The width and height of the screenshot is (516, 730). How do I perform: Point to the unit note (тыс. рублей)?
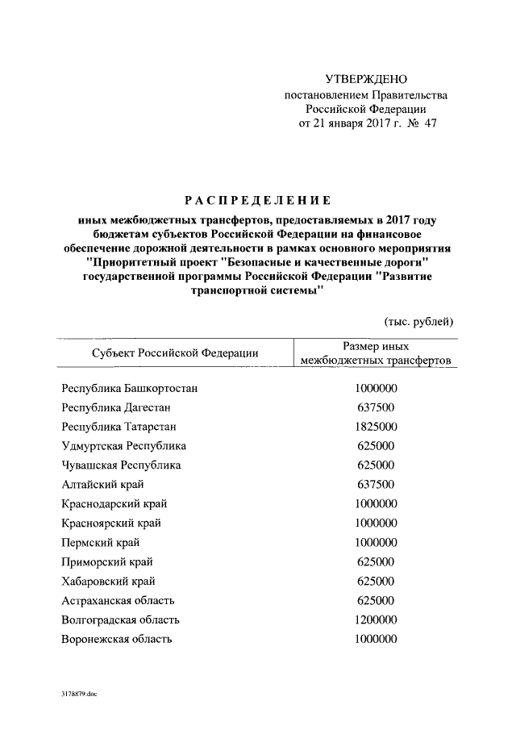(418, 321)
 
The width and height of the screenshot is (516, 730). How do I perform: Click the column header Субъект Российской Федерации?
(174, 352)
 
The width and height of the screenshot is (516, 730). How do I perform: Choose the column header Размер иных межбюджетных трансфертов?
(375, 352)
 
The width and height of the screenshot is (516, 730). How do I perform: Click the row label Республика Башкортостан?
(130, 388)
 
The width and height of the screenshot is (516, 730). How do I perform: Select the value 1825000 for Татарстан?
(376, 426)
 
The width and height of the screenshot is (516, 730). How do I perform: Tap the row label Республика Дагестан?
(115, 407)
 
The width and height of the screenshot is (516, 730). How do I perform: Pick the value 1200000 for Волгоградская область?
(376, 619)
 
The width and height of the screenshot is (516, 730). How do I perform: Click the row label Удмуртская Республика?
(123, 445)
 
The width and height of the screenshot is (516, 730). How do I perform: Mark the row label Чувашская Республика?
(121, 465)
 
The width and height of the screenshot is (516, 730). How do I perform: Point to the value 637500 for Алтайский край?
(376, 484)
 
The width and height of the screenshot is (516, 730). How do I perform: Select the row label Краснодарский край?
(114, 503)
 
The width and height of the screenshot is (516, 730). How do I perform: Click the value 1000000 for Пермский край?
(376, 542)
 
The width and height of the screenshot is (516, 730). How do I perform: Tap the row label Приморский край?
(107, 561)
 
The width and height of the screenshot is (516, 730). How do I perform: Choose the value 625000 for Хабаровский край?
(376, 581)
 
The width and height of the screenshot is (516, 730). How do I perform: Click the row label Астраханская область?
(118, 600)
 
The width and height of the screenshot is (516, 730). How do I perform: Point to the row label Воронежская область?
(117, 639)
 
